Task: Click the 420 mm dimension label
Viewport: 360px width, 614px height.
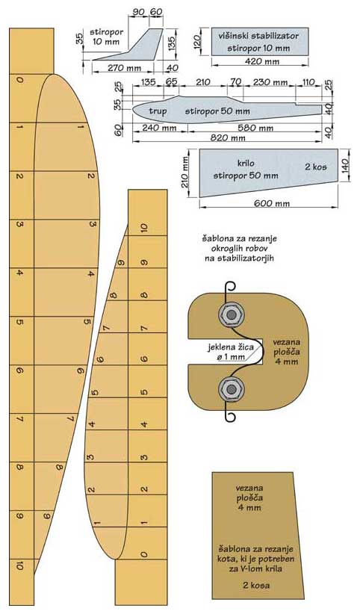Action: [x=262, y=61]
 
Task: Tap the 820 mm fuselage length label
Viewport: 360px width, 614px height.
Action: [x=229, y=137]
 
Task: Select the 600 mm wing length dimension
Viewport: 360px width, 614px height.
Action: [x=272, y=203]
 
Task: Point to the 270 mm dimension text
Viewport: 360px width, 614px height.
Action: [x=124, y=67]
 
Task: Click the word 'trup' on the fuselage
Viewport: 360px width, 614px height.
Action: [x=158, y=111]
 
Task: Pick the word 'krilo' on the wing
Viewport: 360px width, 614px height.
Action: [x=246, y=163]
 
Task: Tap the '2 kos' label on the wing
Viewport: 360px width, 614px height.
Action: [x=316, y=167]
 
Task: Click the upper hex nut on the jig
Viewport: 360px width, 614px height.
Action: [x=231, y=314]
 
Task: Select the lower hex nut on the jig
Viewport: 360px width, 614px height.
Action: [x=232, y=389]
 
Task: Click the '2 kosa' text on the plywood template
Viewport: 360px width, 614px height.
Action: [x=256, y=586]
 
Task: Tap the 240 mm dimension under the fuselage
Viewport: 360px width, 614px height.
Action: [x=159, y=128]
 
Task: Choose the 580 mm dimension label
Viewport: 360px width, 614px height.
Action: [x=255, y=128]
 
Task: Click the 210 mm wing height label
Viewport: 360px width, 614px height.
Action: [x=185, y=173]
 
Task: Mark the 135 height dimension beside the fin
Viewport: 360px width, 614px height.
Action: [x=172, y=39]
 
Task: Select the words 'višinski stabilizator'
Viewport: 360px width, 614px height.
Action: [x=258, y=36]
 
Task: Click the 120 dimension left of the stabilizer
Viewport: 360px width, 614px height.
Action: [x=197, y=41]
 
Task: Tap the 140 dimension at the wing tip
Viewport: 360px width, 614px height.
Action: [x=345, y=166]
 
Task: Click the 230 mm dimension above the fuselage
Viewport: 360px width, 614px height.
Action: [x=270, y=83]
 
